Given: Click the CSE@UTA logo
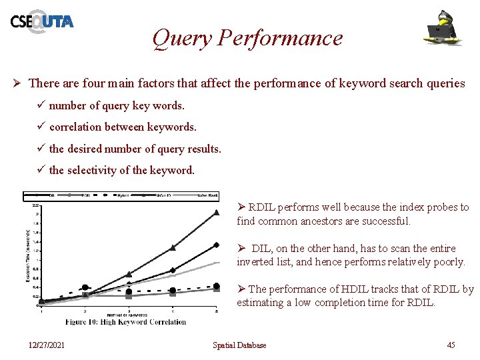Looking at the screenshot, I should (x=41, y=21).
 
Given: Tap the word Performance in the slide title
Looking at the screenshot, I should (x=279, y=38).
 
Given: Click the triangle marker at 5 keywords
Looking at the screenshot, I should (x=216, y=213).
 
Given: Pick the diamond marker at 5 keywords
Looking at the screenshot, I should (x=216, y=245).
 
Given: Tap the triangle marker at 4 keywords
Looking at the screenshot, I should (x=173, y=247).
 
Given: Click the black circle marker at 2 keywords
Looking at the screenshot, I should (x=85, y=288).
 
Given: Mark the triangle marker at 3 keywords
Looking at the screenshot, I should (x=129, y=273).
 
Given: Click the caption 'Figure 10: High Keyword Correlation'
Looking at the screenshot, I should (x=125, y=321).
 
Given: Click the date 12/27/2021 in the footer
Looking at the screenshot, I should (x=47, y=345).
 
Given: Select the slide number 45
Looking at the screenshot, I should (x=451, y=345).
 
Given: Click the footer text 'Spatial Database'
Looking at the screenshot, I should (x=239, y=345).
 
